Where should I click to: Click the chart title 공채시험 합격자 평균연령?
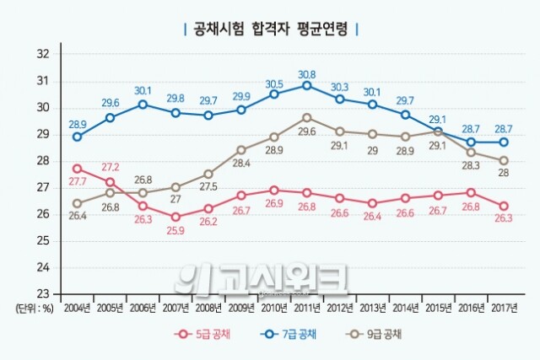(x=270, y=29)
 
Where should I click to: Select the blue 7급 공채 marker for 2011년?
(x=307, y=85)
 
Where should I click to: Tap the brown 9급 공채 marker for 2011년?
(x=307, y=117)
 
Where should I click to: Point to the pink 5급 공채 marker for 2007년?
(x=175, y=217)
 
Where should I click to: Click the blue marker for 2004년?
(x=78, y=137)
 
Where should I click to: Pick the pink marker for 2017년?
(x=504, y=206)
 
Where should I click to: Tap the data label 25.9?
(x=175, y=231)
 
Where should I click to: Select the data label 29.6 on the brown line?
(x=307, y=132)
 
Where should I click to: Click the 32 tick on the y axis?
(x=44, y=54)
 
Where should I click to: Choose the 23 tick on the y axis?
(x=44, y=294)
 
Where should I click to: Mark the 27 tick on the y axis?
(x=44, y=187)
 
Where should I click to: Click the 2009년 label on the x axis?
(x=241, y=308)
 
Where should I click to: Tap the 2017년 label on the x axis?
(x=504, y=308)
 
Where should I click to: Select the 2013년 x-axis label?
(x=373, y=308)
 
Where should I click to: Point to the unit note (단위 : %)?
(x=35, y=308)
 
